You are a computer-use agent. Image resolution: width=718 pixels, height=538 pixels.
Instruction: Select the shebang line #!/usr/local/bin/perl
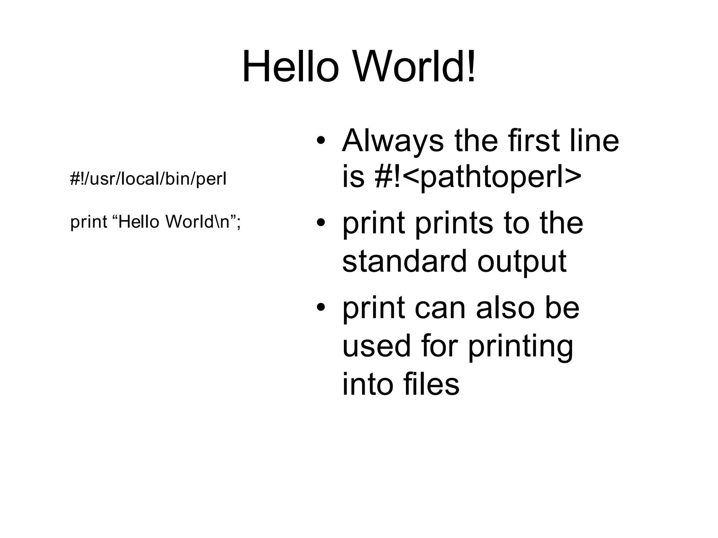coord(148,179)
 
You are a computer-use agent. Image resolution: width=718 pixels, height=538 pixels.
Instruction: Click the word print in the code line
coord(88,222)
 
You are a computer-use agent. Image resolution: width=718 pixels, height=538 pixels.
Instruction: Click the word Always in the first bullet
coord(393,141)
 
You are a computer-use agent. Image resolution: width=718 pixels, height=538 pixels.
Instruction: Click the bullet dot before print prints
coord(321,223)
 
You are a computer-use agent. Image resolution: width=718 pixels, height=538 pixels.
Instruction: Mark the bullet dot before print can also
coord(321,308)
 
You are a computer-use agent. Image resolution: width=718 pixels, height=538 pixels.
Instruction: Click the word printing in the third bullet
coord(520,347)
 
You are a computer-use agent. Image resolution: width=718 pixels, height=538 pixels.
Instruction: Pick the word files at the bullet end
coord(431,384)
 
